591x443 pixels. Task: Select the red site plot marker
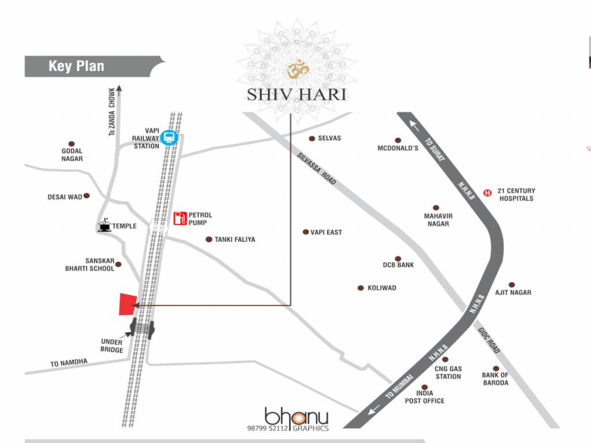[x=128, y=304]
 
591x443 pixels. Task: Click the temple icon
[x=105, y=225]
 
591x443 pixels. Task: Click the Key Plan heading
[x=76, y=66]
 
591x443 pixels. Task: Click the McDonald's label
[x=398, y=148]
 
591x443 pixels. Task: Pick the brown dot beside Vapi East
[x=306, y=232]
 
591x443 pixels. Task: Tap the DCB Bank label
[x=398, y=265]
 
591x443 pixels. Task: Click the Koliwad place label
[x=381, y=288]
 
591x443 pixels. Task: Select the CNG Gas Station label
[x=448, y=373]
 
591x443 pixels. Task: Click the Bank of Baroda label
[x=495, y=379]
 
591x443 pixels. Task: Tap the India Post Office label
[x=425, y=397]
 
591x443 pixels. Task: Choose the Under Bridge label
[x=111, y=346]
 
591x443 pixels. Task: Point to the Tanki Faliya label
[x=234, y=239]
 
